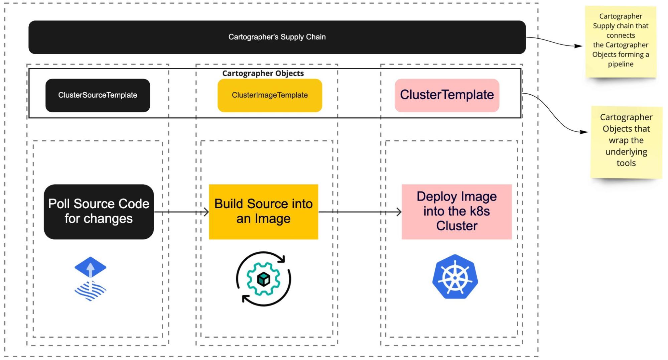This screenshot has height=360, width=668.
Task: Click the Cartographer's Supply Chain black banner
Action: click(x=277, y=37)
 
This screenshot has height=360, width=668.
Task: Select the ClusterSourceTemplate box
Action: click(x=98, y=95)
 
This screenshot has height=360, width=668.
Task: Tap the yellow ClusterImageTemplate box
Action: click(x=270, y=95)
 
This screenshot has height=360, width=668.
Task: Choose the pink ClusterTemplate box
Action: click(x=447, y=95)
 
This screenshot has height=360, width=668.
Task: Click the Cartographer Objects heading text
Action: click(x=263, y=74)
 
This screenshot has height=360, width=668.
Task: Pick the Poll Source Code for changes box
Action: click(x=99, y=212)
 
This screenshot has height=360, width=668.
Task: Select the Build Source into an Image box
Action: click(x=263, y=212)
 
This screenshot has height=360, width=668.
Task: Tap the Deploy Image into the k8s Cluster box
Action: click(x=456, y=212)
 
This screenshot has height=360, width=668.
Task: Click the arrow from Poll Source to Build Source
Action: click(x=181, y=212)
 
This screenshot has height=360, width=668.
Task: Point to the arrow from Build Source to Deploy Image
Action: click(x=360, y=212)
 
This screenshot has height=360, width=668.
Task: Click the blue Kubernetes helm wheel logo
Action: click(x=455, y=277)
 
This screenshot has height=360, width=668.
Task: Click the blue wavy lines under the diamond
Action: click(x=90, y=291)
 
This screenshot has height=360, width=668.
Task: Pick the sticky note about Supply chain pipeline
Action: click(x=621, y=42)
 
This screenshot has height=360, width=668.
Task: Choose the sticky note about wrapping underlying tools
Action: click(x=626, y=142)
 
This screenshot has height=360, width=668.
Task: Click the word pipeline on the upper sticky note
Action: click(x=621, y=64)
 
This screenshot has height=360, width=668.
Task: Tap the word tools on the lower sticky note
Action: click(x=626, y=163)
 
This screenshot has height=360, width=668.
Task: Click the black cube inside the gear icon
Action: click(x=263, y=279)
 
